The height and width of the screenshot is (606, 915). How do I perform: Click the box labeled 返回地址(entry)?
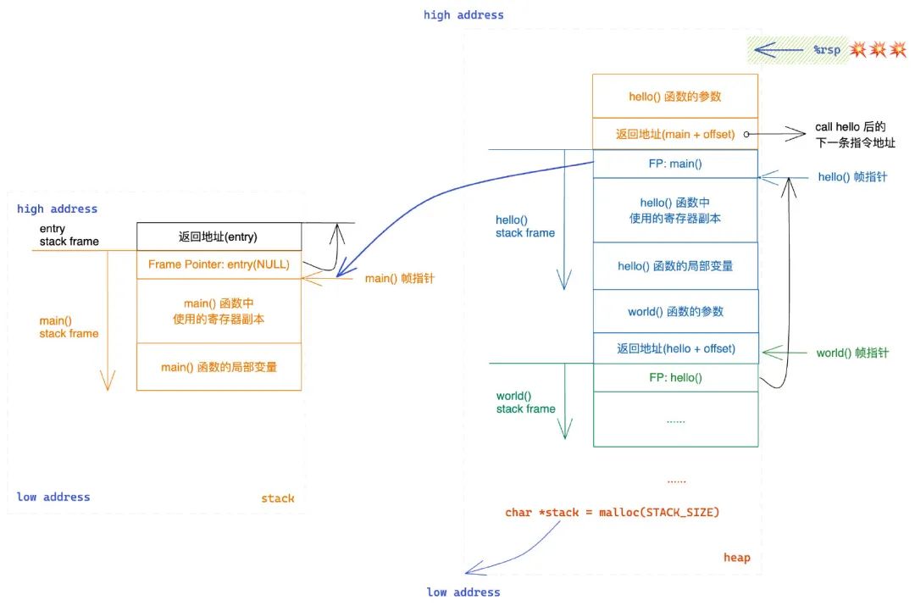pyautogui.click(x=219, y=236)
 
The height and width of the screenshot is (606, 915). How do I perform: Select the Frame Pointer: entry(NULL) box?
pyautogui.click(x=219, y=264)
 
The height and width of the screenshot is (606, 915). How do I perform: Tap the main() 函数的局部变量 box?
pyautogui.click(x=219, y=367)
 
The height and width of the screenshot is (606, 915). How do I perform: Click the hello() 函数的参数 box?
pyautogui.click(x=675, y=97)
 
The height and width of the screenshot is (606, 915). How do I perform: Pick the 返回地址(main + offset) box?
pyautogui.click(x=675, y=134)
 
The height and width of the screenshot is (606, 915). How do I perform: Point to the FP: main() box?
pyautogui.click(x=675, y=164)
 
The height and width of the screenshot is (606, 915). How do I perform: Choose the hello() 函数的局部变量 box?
pyautogui.click(x=675, y=266)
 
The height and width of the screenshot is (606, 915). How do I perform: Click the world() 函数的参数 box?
pyautogui.click(x=675, y=311)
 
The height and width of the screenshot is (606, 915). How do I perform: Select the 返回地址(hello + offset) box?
pyautogui.click(x=675, y=348)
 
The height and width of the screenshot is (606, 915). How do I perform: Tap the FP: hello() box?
pyautogui.click(x=675, y=378)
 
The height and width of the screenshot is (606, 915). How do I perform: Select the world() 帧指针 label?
pyautogui.click(x=852, y=353)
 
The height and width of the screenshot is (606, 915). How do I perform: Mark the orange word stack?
pyautogui.click(x=278, y=498)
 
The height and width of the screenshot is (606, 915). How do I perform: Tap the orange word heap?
pyautogui.click(x=736, y=557)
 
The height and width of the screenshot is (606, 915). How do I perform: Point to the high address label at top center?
pyautogui.click(x=463, y=14)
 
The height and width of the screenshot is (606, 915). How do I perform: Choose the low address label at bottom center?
pyautogui.click(x=463, y=592)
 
